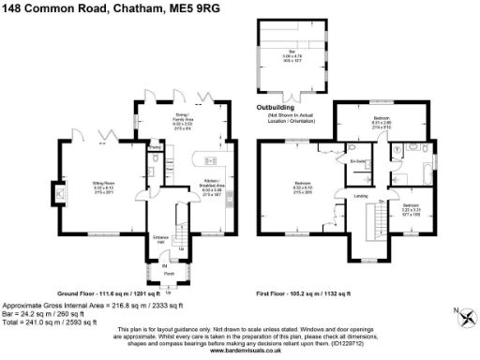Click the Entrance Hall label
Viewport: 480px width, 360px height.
159,238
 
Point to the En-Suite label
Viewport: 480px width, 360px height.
357,161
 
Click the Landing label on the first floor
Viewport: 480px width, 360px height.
359,196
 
